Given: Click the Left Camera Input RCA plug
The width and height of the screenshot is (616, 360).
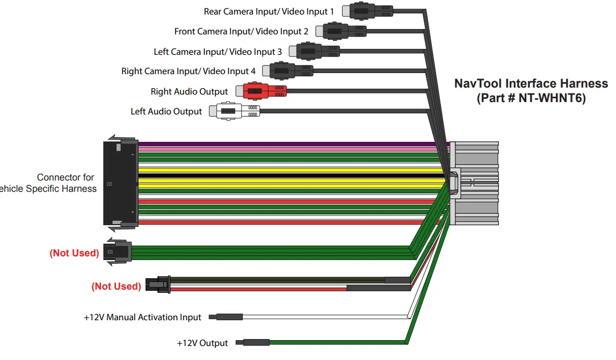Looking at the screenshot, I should pos(311,51).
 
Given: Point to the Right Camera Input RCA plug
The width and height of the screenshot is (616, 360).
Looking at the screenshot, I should pos(285,71).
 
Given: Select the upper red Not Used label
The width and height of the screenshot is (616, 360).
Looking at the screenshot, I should pos(74,253).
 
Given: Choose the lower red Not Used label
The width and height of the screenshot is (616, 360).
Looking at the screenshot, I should pos(117,286).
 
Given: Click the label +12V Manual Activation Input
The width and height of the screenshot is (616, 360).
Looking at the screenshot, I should pos(142,318).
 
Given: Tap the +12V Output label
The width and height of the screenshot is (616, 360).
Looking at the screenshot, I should pos(202,343).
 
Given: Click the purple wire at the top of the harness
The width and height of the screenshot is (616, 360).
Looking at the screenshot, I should pos(290,144).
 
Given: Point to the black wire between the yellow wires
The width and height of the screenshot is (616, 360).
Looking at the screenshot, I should pos(290,176).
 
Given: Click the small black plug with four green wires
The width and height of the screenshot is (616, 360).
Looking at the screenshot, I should pos(119,251).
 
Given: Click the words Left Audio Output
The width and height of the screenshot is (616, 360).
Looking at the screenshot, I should pos(166,111).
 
